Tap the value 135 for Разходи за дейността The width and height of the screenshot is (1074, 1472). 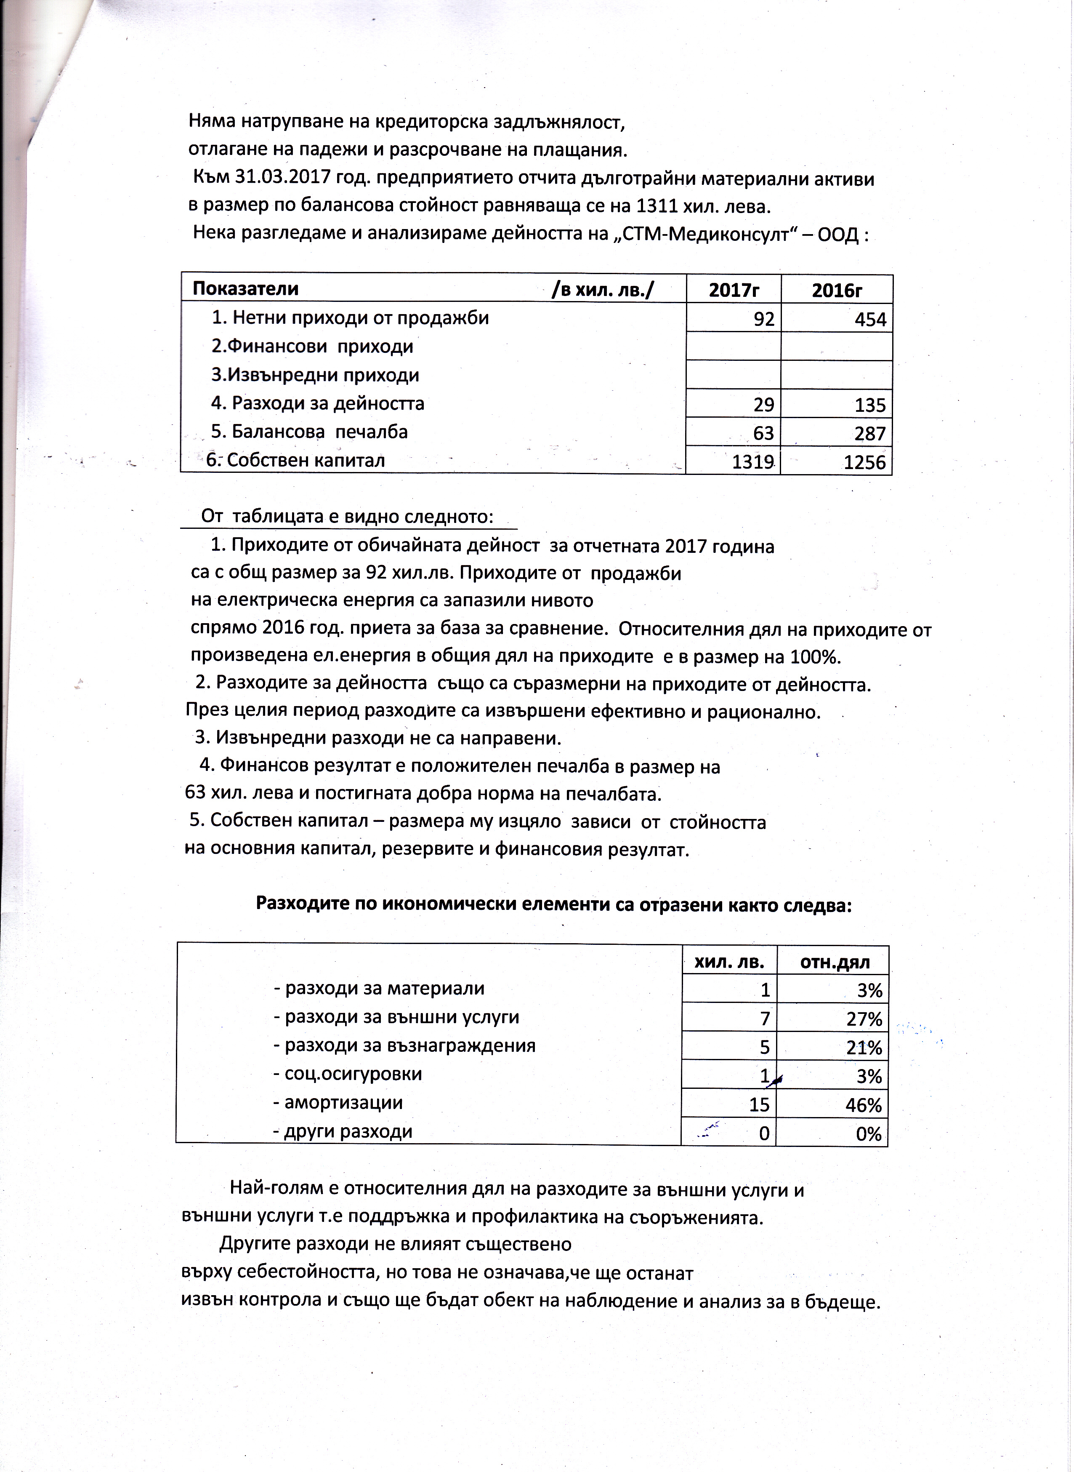(x=870, y=405)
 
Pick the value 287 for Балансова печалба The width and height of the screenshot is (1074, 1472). (x=870, y=434)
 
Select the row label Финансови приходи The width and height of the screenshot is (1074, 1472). (x=312, y=346)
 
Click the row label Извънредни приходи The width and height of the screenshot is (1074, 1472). (x=315, y=375)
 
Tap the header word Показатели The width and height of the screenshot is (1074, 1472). (x=246, y=289)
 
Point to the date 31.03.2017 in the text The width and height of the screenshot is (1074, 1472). (x=275, y=178)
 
